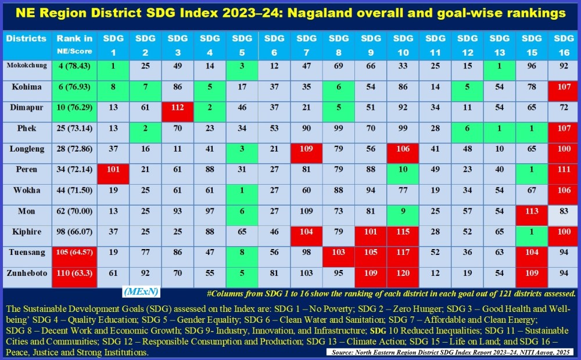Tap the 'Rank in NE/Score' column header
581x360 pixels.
(74, 44)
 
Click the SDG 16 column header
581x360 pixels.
(564, 44)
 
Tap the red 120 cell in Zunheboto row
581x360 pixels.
(402, 272)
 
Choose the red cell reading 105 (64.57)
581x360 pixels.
(74, 251)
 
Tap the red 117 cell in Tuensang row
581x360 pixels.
(402, 251)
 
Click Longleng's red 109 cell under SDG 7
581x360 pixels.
(306, 149)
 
